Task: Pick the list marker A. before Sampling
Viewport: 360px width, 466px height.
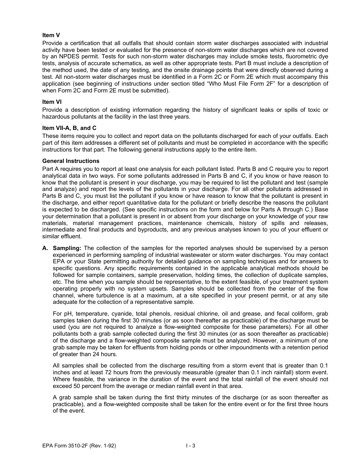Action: (45, 248)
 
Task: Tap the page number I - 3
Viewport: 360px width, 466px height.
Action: (190, 446)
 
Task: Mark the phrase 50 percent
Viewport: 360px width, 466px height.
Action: (85, 386)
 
